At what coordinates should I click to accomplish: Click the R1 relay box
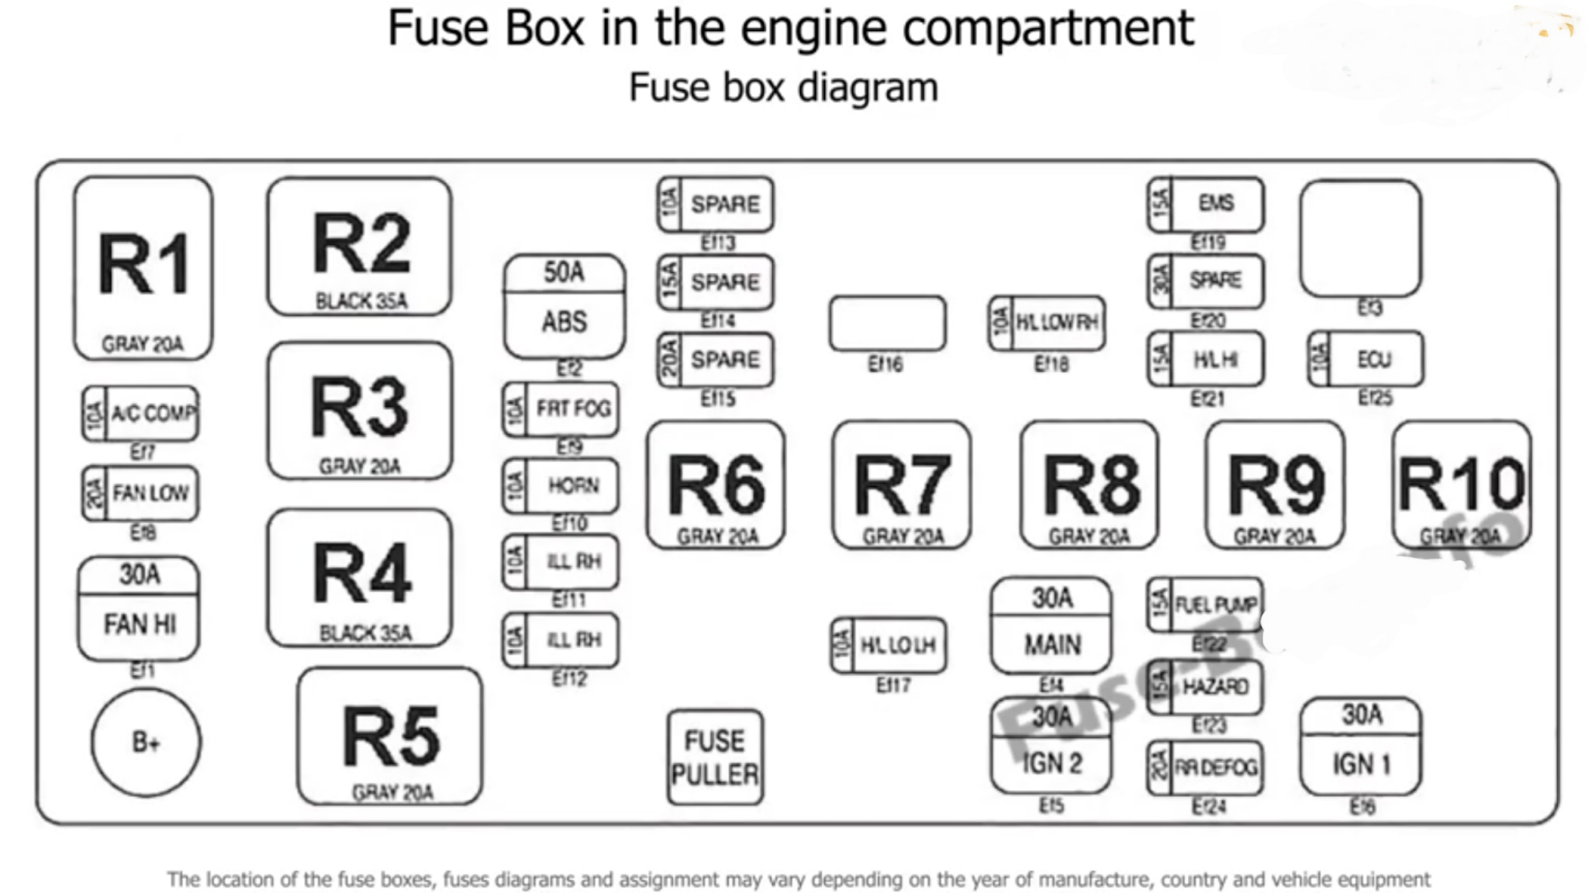(143, 268)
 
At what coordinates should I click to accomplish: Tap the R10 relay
(1461, 485)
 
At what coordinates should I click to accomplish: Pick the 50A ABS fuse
(564, 305)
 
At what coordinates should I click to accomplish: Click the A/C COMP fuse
(140, 413)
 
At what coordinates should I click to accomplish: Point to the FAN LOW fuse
(140, 493)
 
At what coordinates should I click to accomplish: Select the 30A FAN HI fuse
(139, 609)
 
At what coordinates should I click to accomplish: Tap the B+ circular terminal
(146, 743)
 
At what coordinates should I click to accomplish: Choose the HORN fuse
(561, 486)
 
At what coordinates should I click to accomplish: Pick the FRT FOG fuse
(561, 409)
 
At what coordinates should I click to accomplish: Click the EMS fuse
(1206, 204)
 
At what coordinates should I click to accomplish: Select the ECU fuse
(1365, 359)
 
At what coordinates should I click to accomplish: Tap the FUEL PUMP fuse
(1206, 605)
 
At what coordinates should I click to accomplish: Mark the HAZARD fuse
(1206, 687)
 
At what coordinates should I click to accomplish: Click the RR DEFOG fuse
(1206, 767)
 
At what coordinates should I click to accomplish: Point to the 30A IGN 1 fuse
(1361, 746)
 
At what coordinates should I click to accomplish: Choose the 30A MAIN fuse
(1051, 626)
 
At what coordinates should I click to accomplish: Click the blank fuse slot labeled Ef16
(887, 323)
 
